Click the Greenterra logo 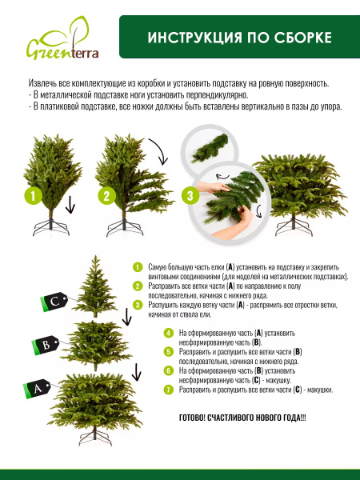(62, 38)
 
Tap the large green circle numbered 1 (34, 196)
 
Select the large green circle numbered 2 (107, 196)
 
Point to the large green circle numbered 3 (190, 196)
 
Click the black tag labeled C (54, 302)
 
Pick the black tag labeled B (46, 346)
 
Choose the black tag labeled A (37, 389)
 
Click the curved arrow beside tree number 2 (162, 150)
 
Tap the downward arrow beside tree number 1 (70, 205)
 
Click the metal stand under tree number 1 (51, 226)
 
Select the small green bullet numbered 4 (168, 333)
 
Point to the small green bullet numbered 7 (168, 390)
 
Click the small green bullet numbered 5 (168, 352)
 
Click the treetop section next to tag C (95, 286)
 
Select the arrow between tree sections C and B (126, 317)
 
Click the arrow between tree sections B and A (136, 372)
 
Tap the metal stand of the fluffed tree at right (294, 226)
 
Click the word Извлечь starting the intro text (41, 83)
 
